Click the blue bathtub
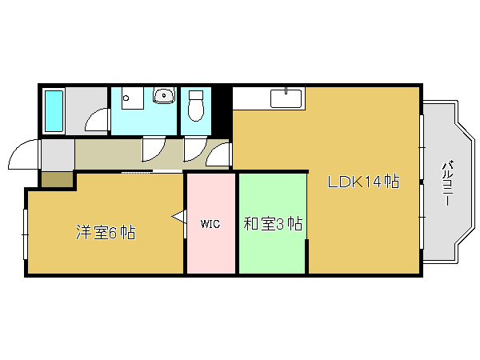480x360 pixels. tap(54, 112)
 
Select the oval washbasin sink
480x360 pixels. tap(165, 97)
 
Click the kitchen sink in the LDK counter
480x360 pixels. tap(286, 98)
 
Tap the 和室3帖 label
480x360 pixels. tap(272, 223)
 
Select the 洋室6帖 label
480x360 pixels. tap(105, 233)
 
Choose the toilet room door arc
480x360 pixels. tap(194, 150)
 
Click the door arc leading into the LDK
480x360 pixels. tap(219, 154)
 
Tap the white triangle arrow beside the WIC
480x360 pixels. tap(179, 215)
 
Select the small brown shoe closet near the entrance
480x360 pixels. tap(56, 179)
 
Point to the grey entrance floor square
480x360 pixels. tap(57, 154)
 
